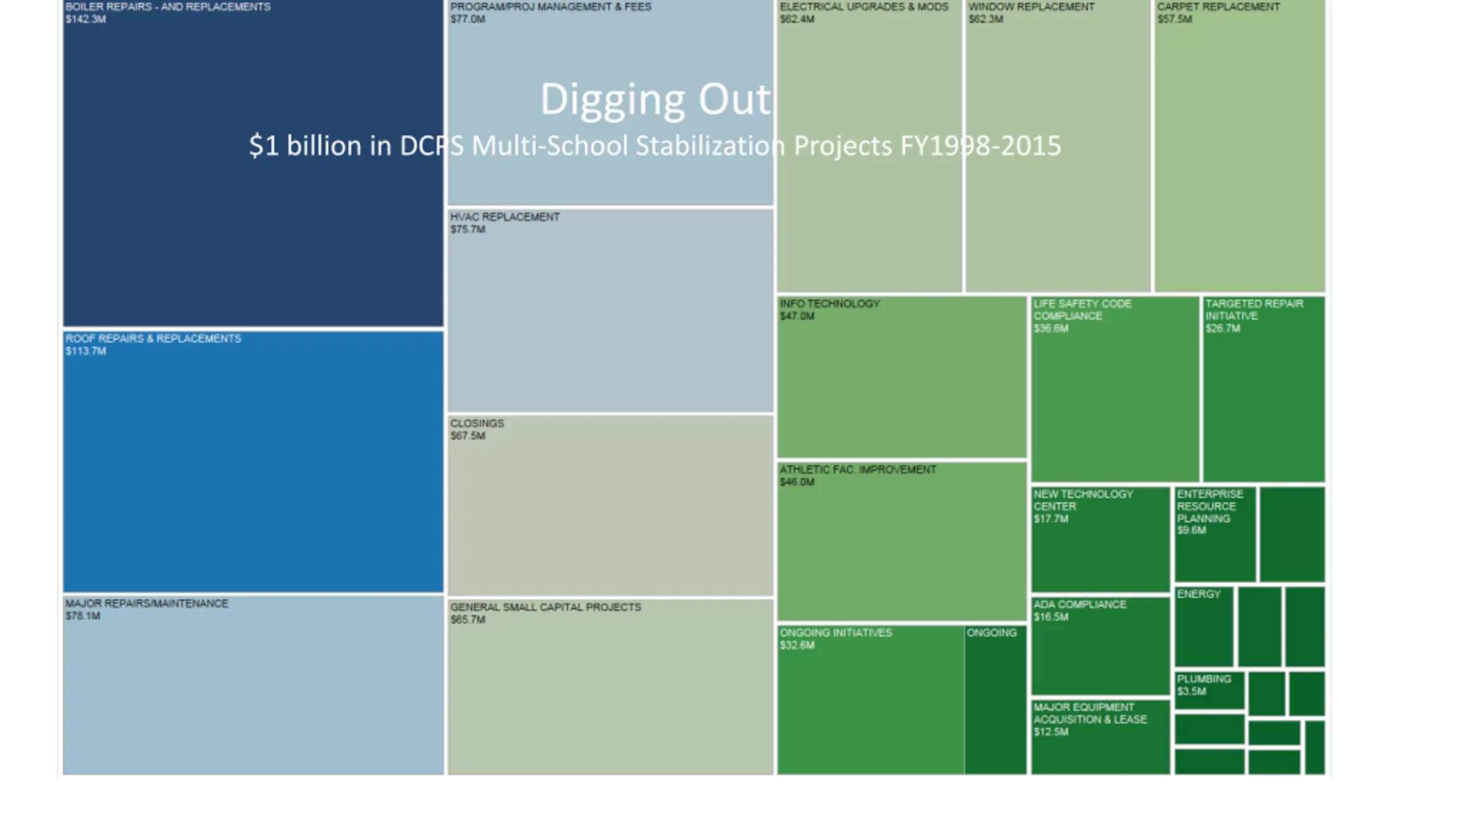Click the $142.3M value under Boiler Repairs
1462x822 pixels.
86,19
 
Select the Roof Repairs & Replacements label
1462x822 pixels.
153,339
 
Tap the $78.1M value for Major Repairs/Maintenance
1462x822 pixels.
83,616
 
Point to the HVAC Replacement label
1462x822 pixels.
505,217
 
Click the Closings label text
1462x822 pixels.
477,424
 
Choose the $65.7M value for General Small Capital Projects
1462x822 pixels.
468,620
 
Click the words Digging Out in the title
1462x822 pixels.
655,99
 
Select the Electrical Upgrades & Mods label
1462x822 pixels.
863,7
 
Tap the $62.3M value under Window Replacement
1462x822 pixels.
986,19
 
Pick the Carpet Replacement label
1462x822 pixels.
1218,7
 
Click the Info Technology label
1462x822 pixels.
830,304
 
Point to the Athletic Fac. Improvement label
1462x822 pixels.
858,470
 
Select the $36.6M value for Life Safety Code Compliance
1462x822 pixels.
1051,329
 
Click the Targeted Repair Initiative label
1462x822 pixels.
1254,309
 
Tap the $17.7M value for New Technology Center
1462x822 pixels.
1051,519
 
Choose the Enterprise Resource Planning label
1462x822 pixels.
1210,506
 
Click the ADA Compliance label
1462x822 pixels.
1079,605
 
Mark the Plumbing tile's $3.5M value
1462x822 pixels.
1191,692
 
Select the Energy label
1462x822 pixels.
1199,594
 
